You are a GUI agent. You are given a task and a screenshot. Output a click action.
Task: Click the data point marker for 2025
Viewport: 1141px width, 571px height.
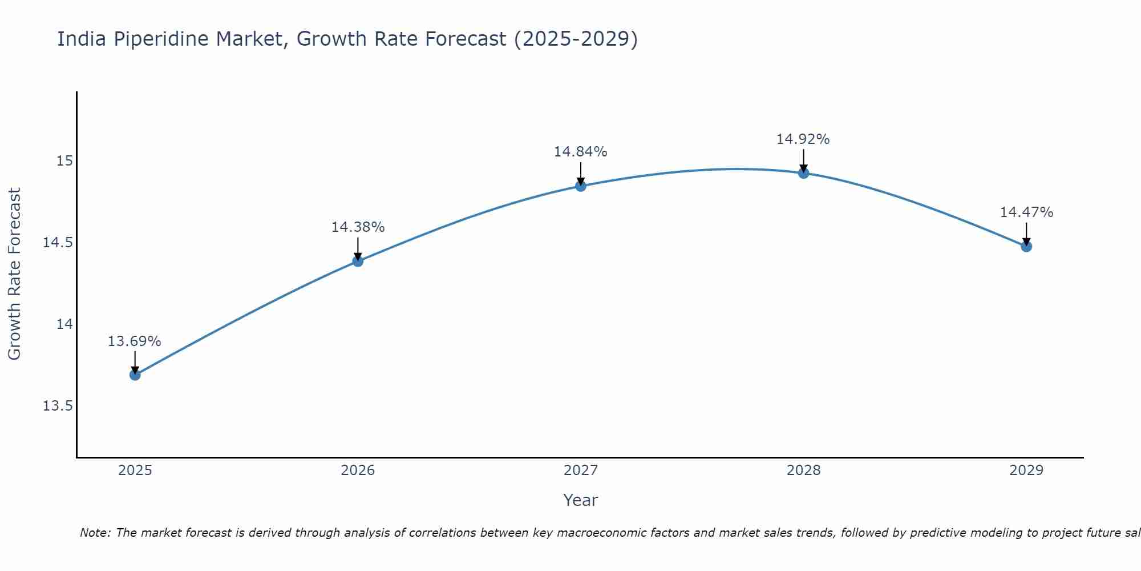(x=135, y=375)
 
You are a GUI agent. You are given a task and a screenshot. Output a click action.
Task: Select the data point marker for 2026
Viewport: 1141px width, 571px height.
(x=358, y=261)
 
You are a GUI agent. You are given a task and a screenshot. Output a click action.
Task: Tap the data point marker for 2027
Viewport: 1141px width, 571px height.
(x=581, y=186)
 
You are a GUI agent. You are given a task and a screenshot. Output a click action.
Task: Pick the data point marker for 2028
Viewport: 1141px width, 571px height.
(x=803, y=173)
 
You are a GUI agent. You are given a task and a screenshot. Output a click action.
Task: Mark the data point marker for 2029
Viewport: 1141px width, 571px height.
(x=1026, y=246)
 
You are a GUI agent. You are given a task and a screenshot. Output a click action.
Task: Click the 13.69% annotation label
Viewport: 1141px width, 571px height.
(x=135, y=341)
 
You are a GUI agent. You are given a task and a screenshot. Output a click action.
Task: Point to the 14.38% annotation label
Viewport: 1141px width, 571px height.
(x=358, y=227)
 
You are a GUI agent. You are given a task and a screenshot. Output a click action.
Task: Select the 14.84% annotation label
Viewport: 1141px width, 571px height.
(x=581, y=152)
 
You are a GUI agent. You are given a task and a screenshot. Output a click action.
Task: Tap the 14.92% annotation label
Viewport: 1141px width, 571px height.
(x=803, y=139)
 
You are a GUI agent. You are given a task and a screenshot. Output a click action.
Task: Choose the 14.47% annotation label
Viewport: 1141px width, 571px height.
(x=1026, y=212)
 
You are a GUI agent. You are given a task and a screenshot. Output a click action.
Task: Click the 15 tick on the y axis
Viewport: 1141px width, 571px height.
(x=64, y=161)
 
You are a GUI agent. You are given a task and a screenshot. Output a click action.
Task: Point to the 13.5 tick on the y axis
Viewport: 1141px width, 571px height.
(x=58, y=406)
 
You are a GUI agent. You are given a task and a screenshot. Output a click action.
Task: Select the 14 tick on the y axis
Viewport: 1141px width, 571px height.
(x=64, y=324)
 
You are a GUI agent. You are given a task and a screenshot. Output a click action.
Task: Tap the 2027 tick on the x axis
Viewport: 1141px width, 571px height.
(x=581, y=471)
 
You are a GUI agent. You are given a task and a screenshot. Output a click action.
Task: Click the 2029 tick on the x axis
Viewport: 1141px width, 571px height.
(x=1026, y=471)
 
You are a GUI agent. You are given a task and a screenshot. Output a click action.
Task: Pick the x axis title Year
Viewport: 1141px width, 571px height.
(x=581, y=500)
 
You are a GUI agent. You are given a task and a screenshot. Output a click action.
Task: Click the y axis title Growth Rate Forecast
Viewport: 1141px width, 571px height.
(x=14, y=274)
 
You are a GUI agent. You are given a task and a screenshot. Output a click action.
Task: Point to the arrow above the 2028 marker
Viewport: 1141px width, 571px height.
(x=803, y=160)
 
